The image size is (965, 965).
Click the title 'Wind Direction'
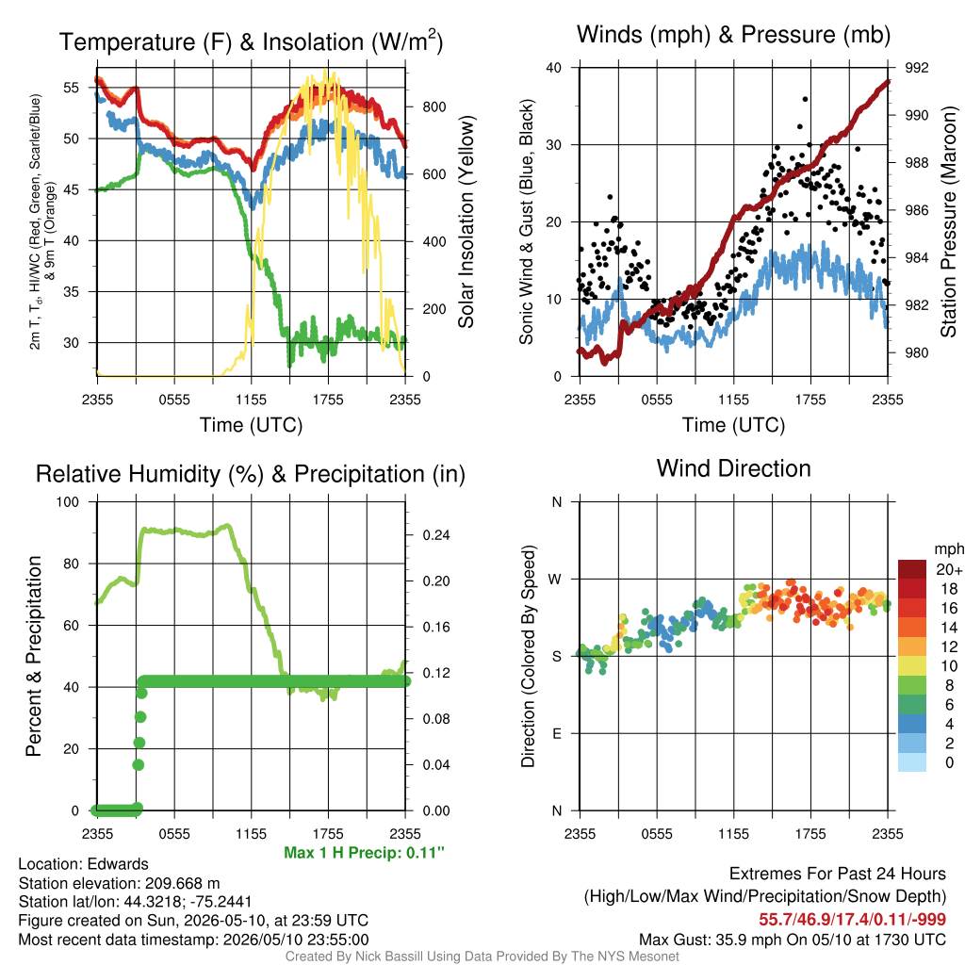[733, 469]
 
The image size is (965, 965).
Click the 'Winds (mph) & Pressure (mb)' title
[733, 35]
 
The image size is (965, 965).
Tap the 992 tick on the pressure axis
[916, 68]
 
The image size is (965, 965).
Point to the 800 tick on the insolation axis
[433, 107]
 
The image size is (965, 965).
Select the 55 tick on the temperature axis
[72, 88]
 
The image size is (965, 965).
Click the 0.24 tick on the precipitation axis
[436, 535]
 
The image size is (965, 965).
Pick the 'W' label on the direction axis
[555, 580]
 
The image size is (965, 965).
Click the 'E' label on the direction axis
[556, 733]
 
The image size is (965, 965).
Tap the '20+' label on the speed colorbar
[949, 570]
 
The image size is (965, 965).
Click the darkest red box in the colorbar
[912, 569]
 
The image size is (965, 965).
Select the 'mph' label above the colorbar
[949, 549]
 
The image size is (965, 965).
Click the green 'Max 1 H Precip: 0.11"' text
[364, 853]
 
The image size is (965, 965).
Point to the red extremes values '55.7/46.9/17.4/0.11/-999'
[852, 920]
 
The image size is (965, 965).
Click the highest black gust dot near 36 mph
[805, 99]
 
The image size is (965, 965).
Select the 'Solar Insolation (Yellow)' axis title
[466, 221]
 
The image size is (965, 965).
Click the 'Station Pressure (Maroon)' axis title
[948, 221]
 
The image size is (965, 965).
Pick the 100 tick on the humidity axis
[68, 502]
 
